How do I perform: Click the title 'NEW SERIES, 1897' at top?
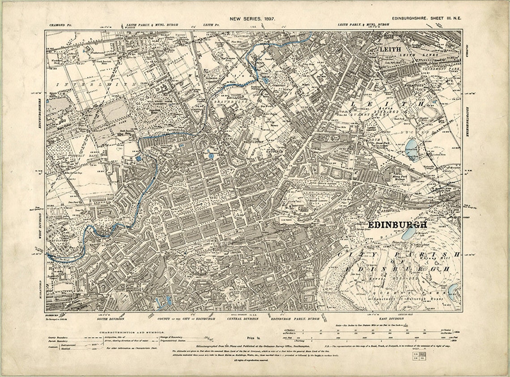pyautogui.click(x=252, y=19)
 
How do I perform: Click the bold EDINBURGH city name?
pyautogui.click(x=397, y=225)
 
